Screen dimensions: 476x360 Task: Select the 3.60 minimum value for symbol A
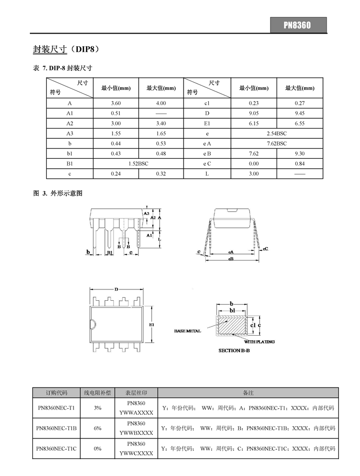coord(116,103)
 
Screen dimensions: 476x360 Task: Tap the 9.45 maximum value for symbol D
coord(300,113)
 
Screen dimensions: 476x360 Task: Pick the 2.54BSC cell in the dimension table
coord(277,133)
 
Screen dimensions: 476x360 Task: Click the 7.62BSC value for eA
coord(277,143)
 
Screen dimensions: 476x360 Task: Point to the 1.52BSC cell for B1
coord(138,163)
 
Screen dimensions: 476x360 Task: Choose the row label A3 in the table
coord(70,133)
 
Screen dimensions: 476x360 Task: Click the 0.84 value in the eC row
coord(300,163)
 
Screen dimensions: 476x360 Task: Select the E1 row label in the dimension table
coord(207,123)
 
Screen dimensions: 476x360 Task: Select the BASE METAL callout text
coord(188,331)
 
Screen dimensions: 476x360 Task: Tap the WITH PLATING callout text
coord(259,342)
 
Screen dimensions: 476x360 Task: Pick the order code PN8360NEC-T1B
coord(57,428)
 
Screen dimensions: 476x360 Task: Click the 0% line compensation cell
coord(98,448)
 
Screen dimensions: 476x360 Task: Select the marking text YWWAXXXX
coord(136,412)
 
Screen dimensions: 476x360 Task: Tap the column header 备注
coord(248,393)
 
